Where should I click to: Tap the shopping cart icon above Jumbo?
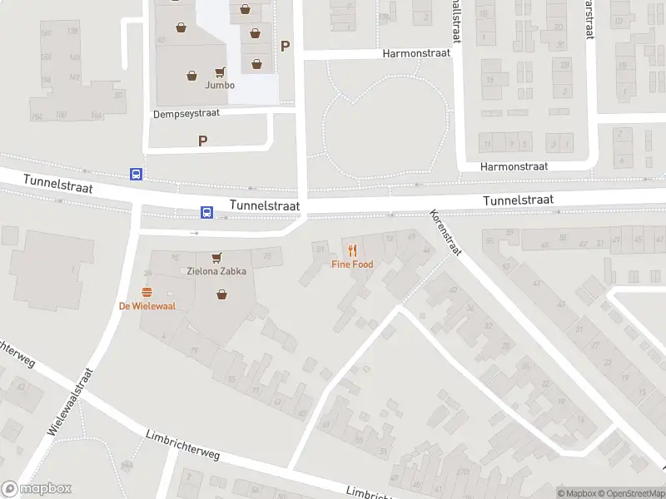click(220, 72)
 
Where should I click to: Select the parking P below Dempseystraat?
click(202, 141)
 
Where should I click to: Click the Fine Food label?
click(352, 264)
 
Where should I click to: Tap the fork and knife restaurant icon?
click(352, 249)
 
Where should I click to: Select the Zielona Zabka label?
click(216, 271)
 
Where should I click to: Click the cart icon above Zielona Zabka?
click(216, 257)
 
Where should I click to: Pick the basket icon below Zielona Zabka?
click(221, 294)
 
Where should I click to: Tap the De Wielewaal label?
click(147, 305)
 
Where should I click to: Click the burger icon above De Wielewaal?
click(147, 291)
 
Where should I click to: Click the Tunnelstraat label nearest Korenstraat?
click(519, 200)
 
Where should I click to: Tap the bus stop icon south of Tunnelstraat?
click(206, 212)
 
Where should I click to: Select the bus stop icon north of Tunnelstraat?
click(136, 174)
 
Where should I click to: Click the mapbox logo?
click(37, 489)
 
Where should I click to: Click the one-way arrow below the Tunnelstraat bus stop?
click(195, 233)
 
